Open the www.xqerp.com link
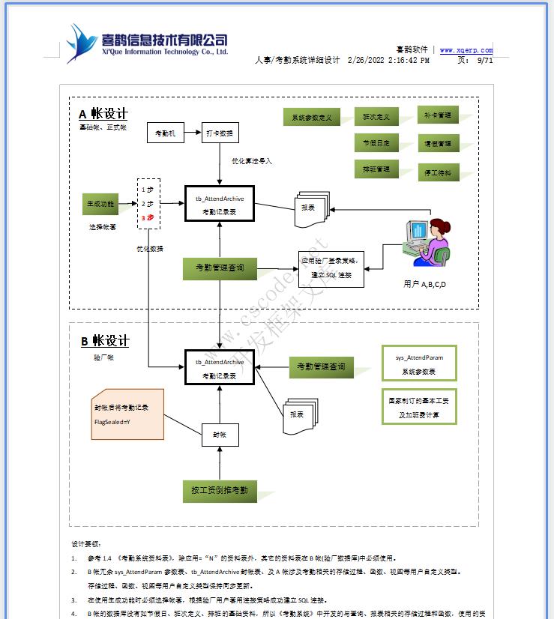tap(466, 51)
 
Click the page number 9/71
tap(485, 61)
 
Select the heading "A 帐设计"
tap(103, 114)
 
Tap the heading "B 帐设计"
tap(105, 341)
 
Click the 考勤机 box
tap(165, 133)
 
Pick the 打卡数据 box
tap(220, 133)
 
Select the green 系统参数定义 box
tap(311, 118)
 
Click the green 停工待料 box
tap(438, 173)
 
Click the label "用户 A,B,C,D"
tap(424, 284)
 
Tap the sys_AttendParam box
tap(418, 364)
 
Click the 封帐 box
tap(219, 435)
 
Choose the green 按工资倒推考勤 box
tap(220, 491)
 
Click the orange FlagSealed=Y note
tap(127, 414)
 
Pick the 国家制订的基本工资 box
tap(418, 407)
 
